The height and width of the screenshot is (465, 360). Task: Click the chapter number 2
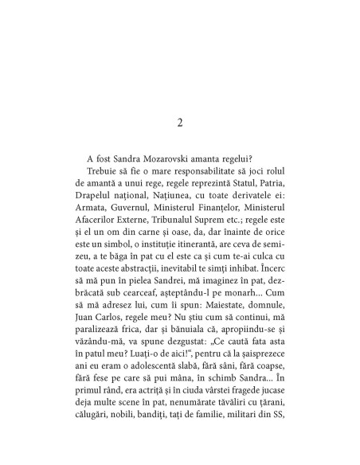click(180, 122)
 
